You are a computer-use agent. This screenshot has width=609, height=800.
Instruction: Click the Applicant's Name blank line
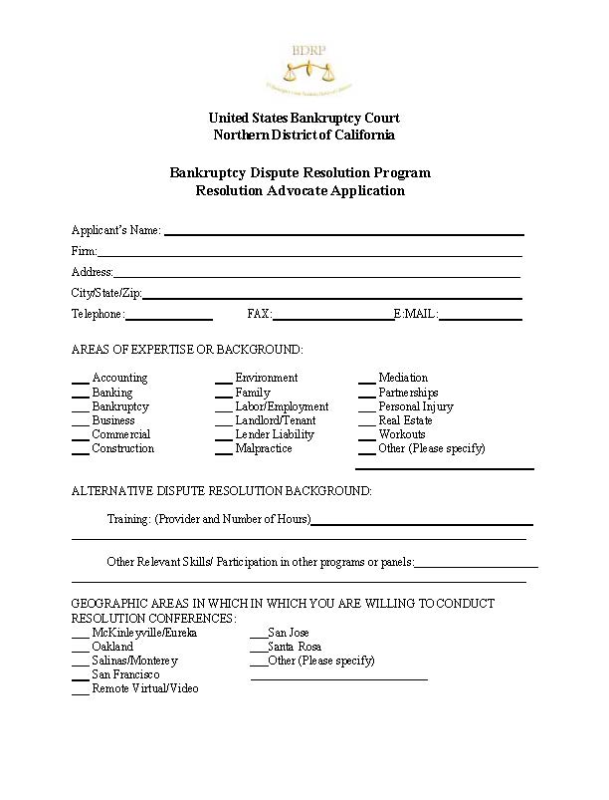(x=343, y=233)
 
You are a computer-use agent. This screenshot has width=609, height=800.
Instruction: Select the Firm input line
(x=308, y=255)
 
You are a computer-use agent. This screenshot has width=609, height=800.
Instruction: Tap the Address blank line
(x=316, y=276)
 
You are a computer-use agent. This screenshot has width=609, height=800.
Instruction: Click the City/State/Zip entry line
(x=331, y=297)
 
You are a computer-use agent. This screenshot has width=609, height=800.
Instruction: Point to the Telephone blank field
(x=168, y=318)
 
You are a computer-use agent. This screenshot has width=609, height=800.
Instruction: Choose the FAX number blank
(x=333, y=318)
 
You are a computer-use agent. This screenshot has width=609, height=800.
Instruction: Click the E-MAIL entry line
(x=480, y=318)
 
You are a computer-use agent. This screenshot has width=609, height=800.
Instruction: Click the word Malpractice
(x=264, y=448)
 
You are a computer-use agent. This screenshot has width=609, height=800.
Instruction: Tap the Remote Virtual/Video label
(x=145, y=688)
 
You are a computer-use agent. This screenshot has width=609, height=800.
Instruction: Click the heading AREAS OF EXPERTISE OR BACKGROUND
(x=187, y=350)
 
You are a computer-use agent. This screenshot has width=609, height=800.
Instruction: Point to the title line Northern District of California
(x=304, y=135)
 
